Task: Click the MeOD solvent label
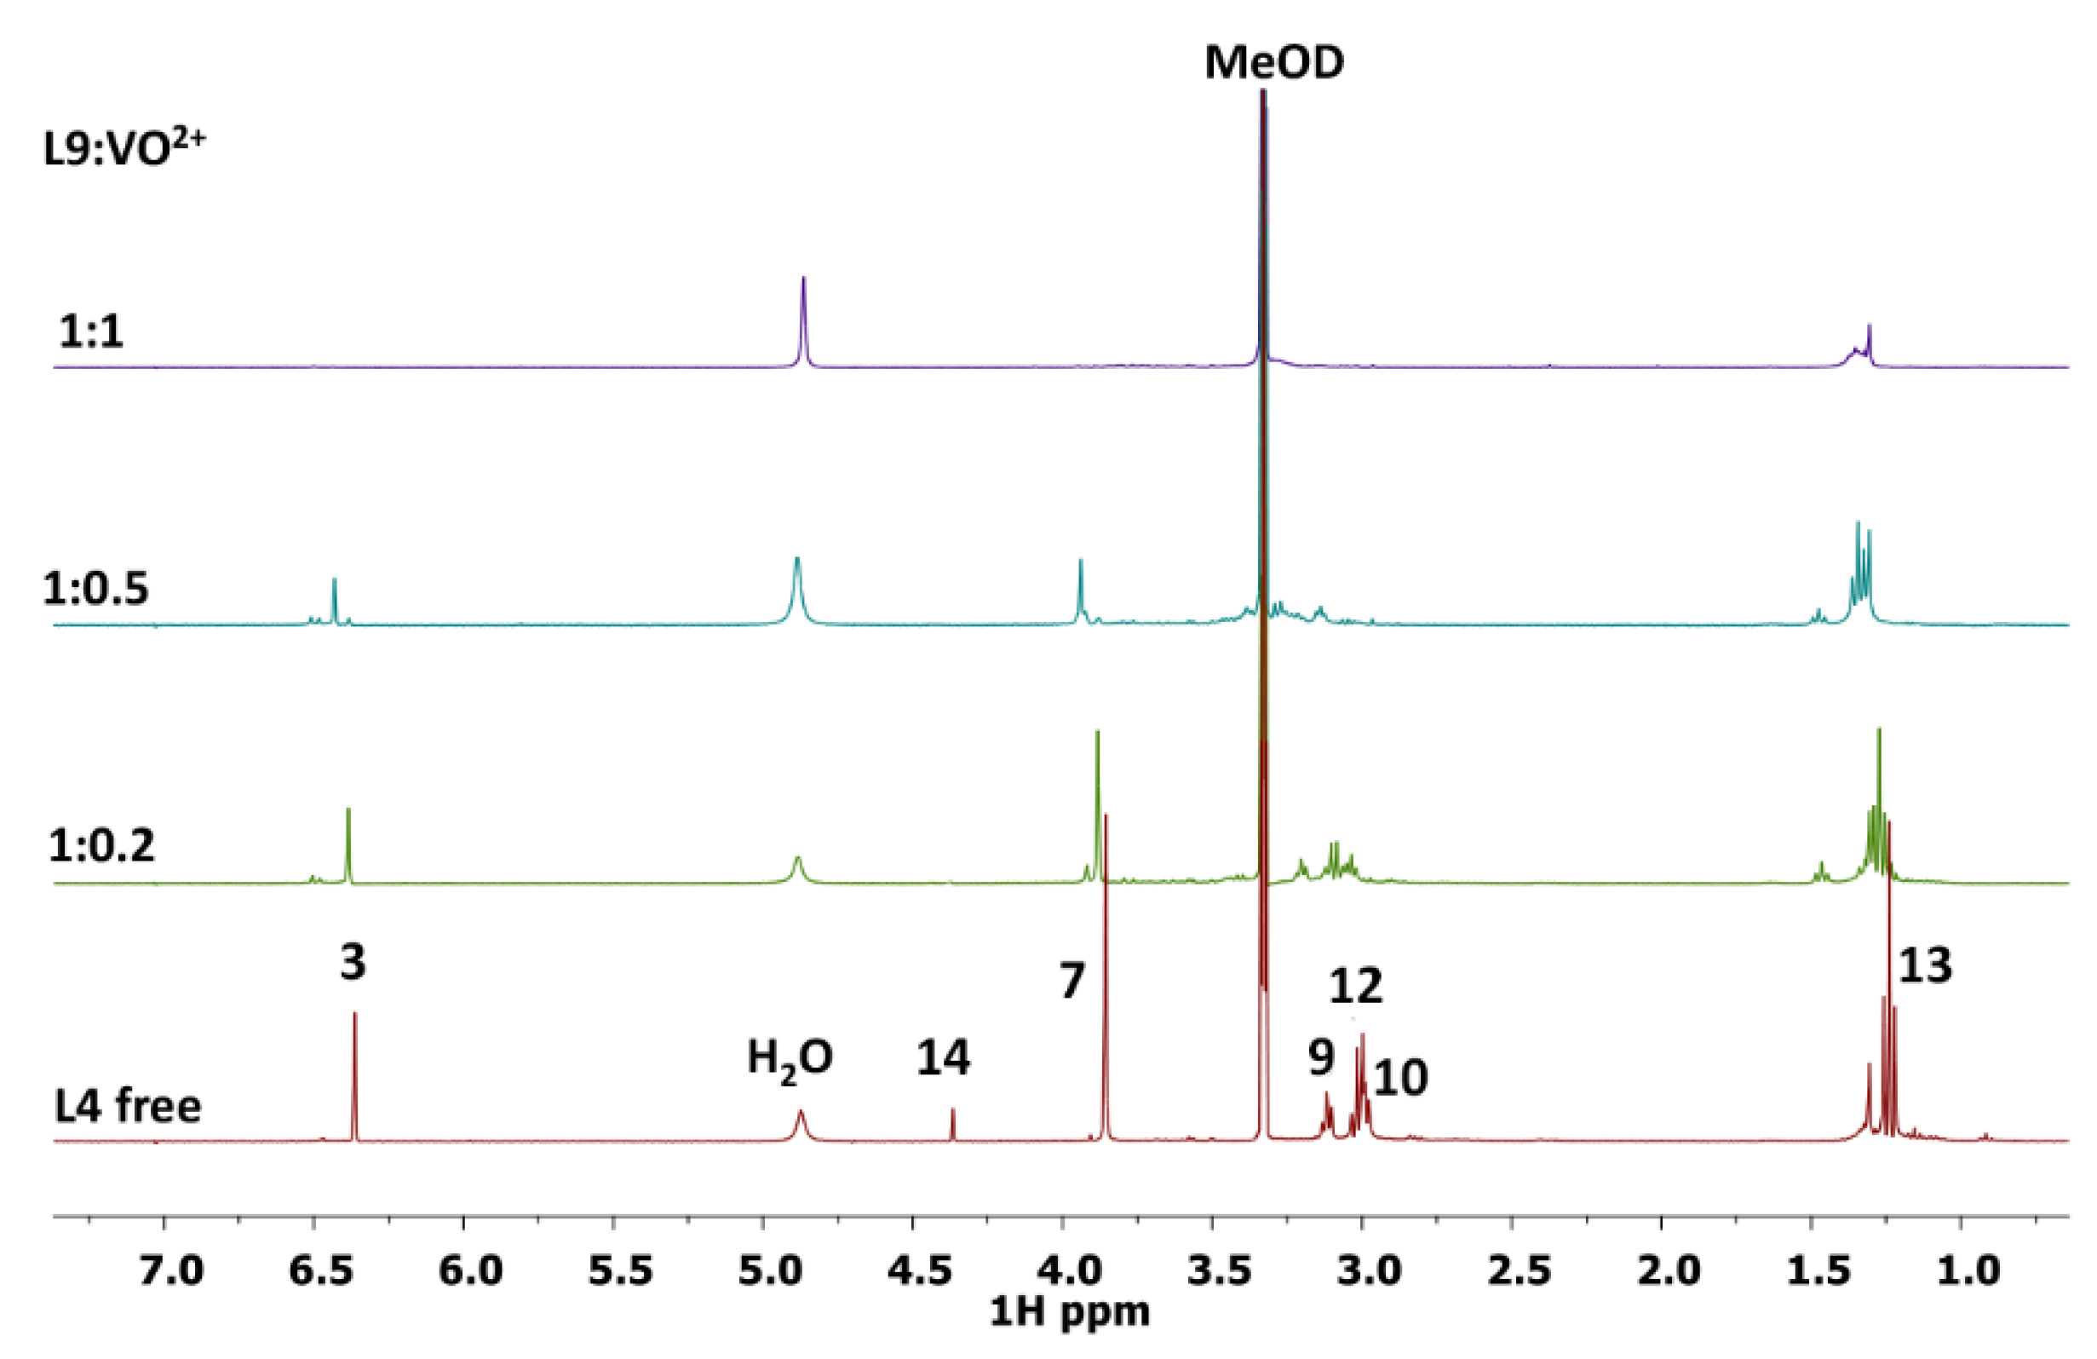[x=1274, y=63]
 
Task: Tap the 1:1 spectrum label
[x=91, y=332]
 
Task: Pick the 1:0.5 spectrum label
[x=96, y=589]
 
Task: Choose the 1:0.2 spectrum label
[x=101, y=845]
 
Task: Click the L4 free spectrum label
[x=128, y=1105]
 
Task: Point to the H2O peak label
[x=790, y=1057]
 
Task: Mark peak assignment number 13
[x=1924, y=966]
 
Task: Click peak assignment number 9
[x=1321, y=1057]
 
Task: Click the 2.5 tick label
[x=1512, y=1272]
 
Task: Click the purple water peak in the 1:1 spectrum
[x=802, y=317]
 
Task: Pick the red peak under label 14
[x=952, y=1124]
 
